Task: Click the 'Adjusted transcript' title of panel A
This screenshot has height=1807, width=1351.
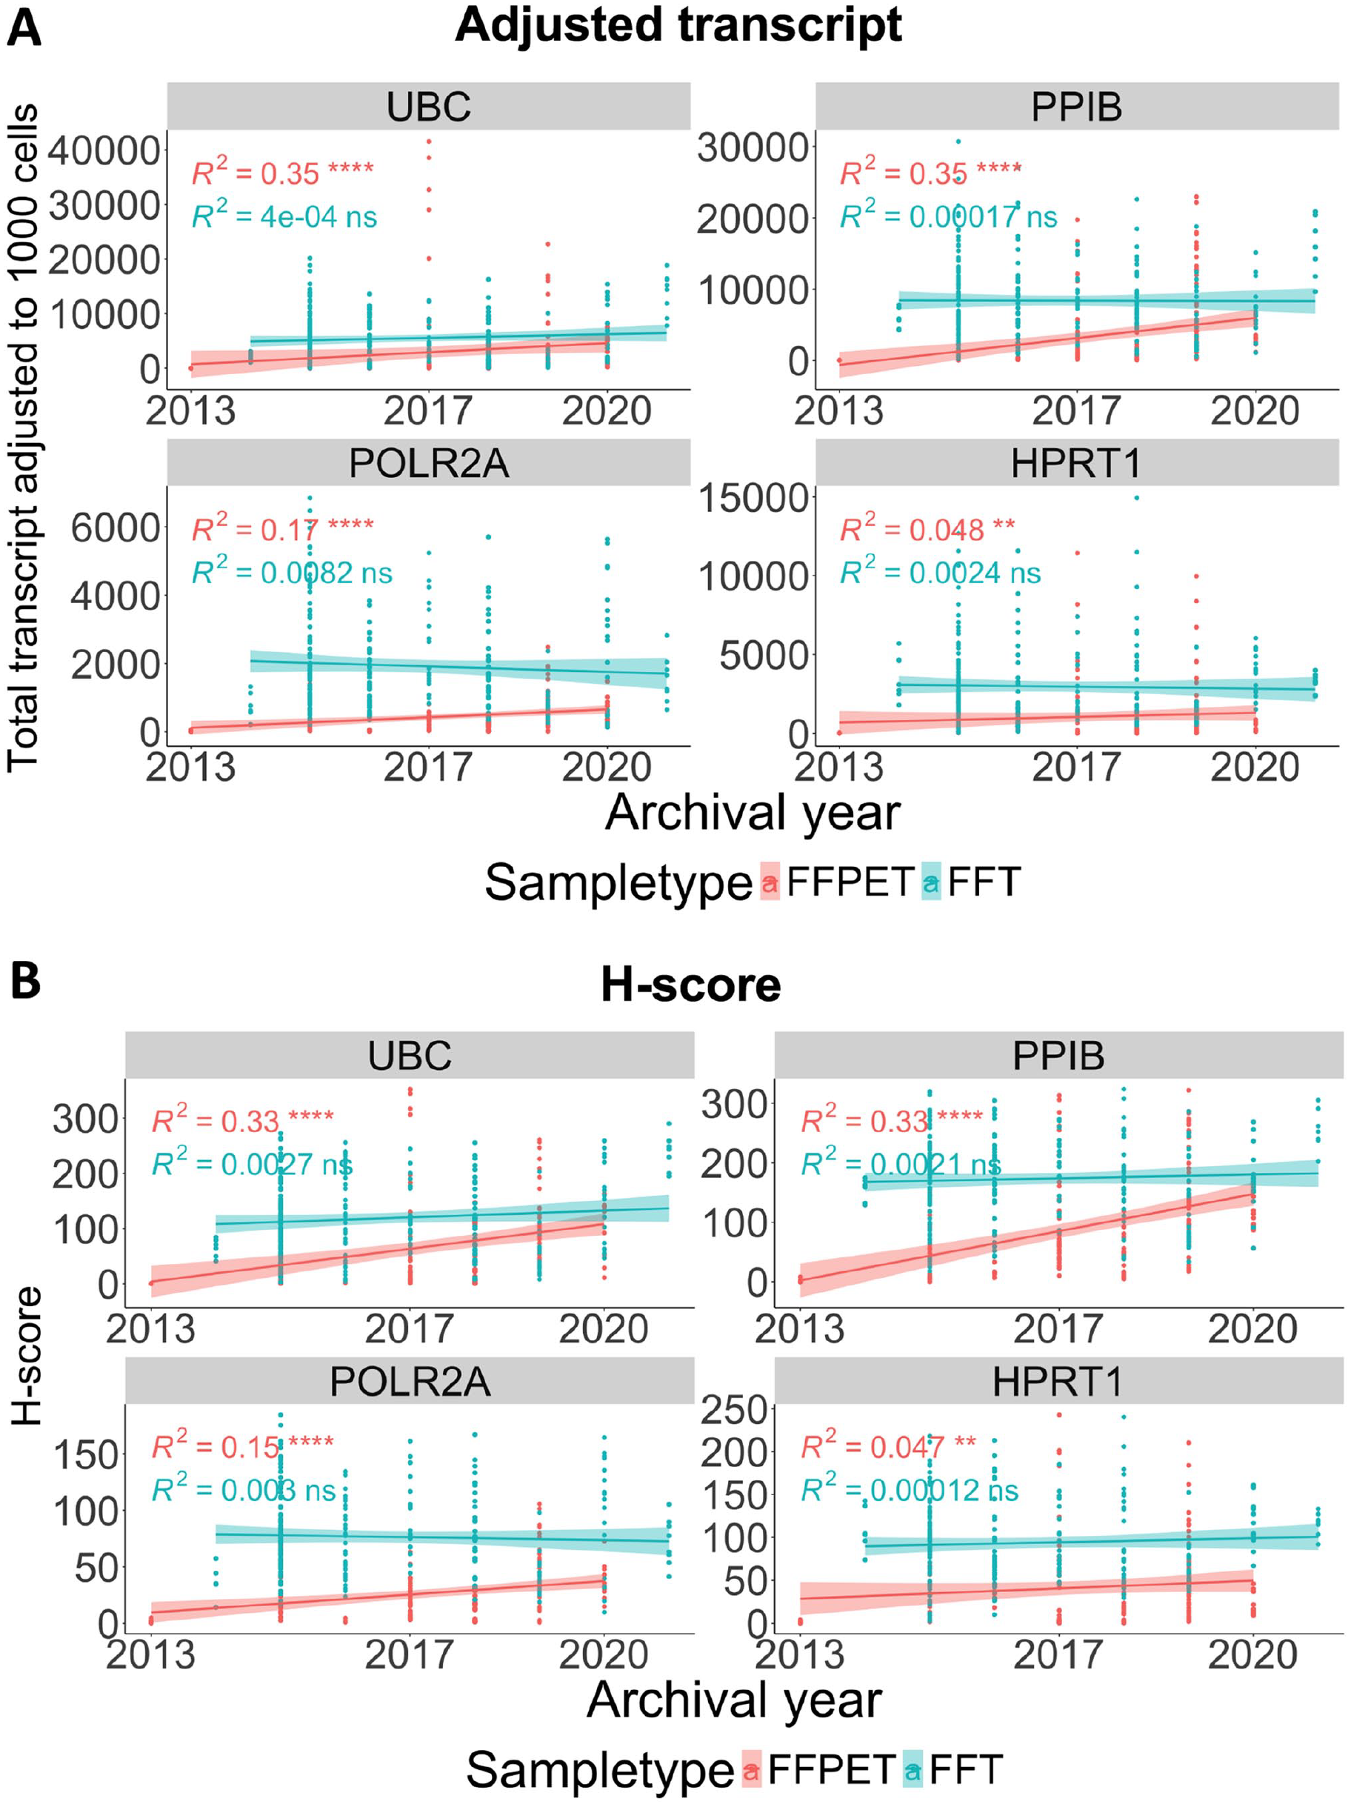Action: click(x=678, y=24)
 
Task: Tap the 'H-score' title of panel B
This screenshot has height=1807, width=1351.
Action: click(x=691, y=985)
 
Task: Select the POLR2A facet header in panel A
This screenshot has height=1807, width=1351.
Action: click(x=429, y=462)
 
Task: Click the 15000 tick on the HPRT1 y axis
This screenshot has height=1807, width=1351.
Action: click(x=753, y=497)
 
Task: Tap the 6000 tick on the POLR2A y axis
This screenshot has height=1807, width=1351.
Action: click(x=115, y=528)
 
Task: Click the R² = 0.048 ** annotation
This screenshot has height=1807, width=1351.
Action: click(x=928, y=528)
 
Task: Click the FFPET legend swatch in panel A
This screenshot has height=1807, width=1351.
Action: click(x=770, y=882)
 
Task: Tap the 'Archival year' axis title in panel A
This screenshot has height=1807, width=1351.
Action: click(x=753, y=813)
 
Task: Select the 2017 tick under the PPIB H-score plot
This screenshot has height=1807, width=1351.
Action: click(x=1058, y=1330)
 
